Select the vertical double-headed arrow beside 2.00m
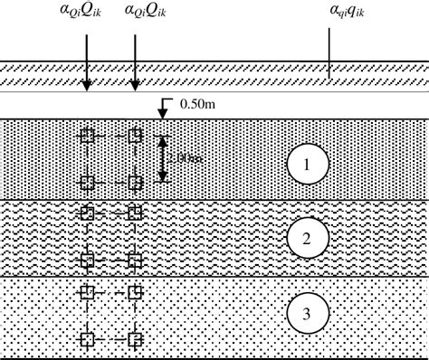(162, 158)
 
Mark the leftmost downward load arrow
(86, 62)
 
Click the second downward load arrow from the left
(135, 62)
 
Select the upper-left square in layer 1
(87, 136)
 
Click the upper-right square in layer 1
(135, 136)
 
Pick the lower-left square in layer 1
(87, 183)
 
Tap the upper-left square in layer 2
(87, 214)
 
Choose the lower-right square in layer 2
(135, 261)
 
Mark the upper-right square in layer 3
(135, 293)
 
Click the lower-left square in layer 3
(87, 339)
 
